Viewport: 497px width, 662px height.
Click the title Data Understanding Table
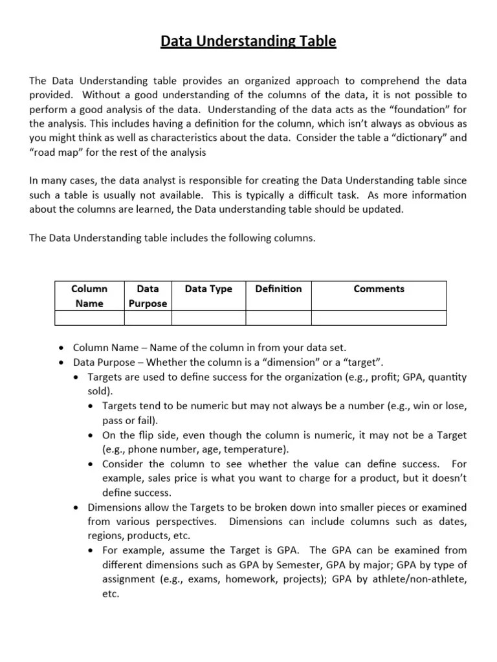click(248, 42)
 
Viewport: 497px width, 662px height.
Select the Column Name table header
click(89, 296)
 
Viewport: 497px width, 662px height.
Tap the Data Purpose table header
click(148, 296)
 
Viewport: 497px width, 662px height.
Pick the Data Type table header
click(208, 289)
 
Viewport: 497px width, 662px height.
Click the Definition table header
click(278, 289)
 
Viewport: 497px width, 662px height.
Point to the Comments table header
click(379, 289)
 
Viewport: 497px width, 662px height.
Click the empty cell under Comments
click(379, 318)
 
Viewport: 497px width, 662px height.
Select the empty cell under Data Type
click(208, 318)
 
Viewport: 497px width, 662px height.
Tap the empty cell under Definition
click(278, 318)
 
